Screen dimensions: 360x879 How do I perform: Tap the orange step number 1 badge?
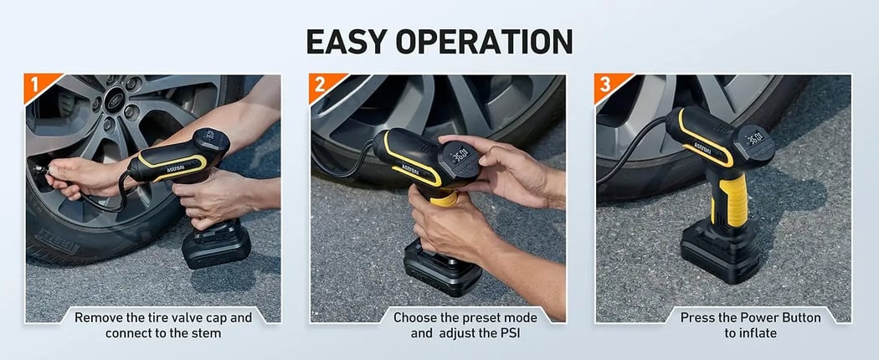click(35, 85)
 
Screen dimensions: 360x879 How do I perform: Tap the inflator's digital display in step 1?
click(209, 138)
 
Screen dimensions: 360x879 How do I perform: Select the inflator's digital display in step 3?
click(753, 137)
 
